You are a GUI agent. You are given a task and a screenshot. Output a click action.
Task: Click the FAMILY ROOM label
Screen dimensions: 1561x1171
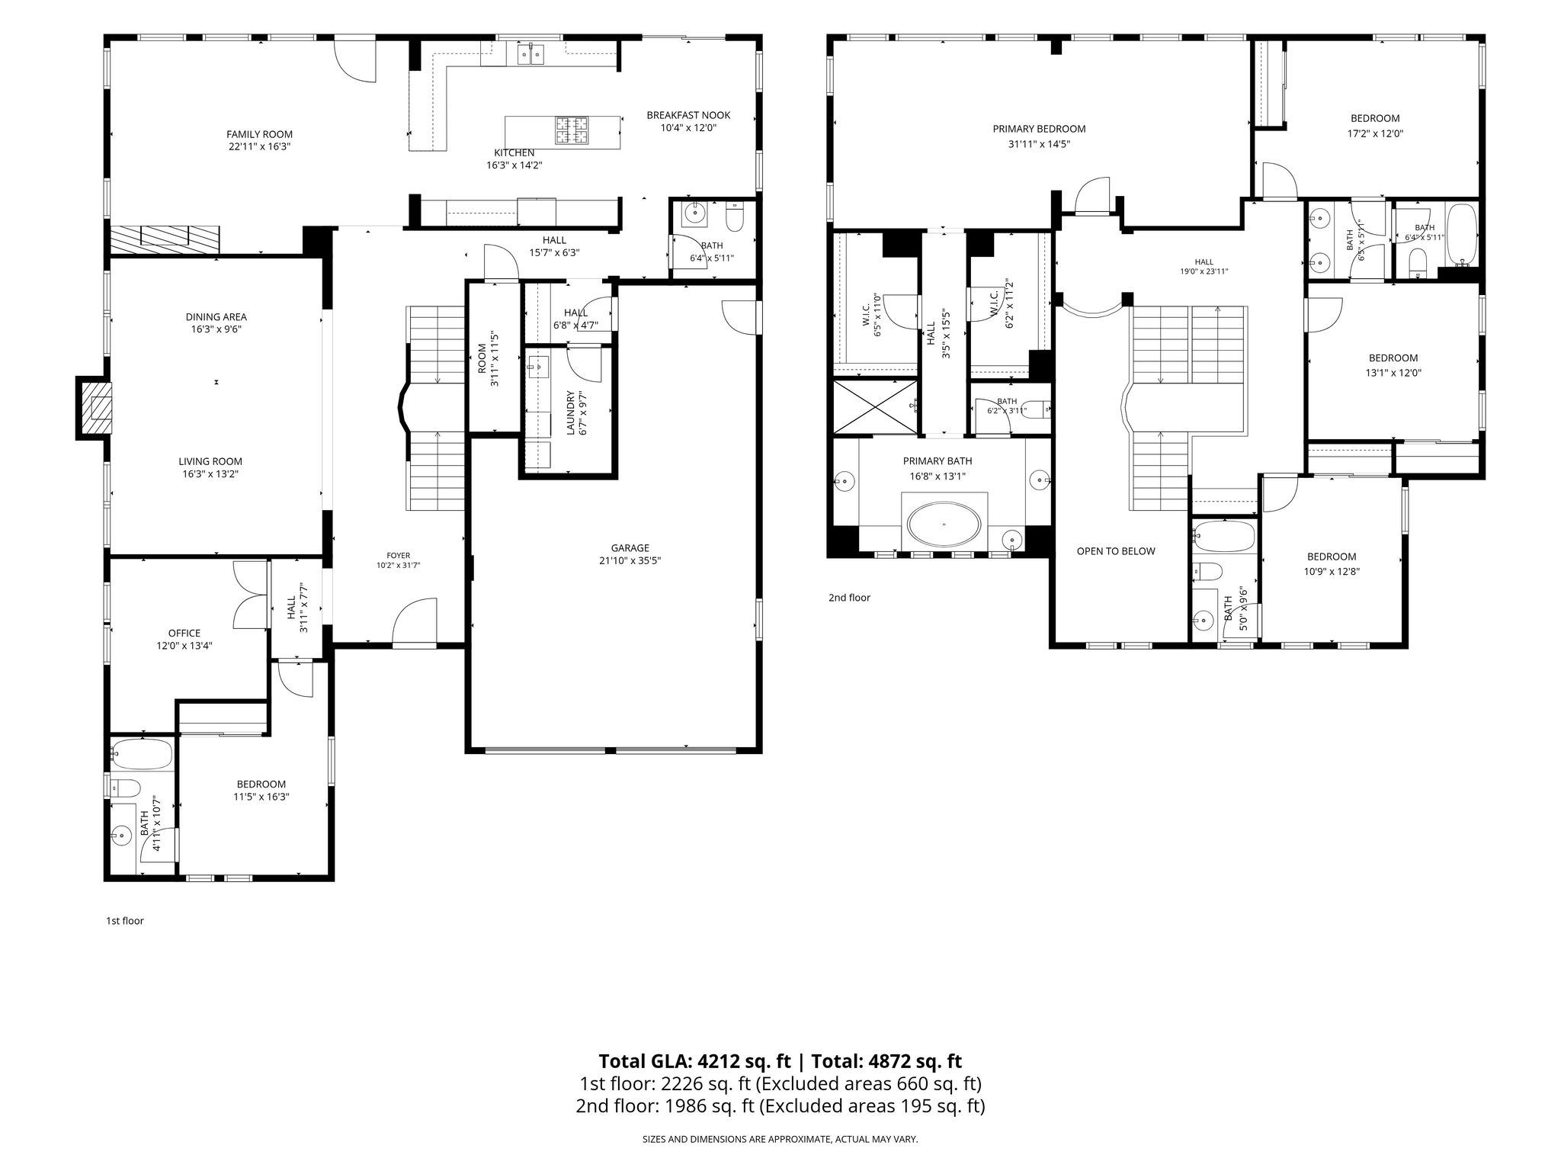(259, 134)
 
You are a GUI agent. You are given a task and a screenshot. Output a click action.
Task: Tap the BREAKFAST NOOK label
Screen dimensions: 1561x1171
(688, 115)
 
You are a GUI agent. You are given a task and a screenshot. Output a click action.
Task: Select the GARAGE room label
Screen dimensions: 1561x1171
(630, 547)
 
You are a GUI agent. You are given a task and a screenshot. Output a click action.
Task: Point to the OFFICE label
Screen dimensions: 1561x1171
(184, 633)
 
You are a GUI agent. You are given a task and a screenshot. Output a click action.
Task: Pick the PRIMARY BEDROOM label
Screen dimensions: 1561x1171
(1039, 129)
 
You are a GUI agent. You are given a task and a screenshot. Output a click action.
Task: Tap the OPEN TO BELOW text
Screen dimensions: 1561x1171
(1116, 551)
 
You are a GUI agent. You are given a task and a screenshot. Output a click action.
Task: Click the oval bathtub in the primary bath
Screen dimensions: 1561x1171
(944, 525)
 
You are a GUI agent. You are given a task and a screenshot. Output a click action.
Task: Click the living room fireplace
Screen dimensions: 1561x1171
(94, 409)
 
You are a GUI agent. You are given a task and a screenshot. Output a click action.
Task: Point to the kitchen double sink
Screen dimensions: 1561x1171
(530, 54)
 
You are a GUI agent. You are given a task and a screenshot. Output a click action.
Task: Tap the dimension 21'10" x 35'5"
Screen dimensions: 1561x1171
(630, 560)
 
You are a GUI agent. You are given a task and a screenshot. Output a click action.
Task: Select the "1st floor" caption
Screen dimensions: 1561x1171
(125, 921)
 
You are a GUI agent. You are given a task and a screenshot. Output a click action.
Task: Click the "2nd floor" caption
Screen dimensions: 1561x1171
(849, 598)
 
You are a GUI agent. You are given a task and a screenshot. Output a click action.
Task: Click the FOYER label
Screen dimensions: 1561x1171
(398, 556)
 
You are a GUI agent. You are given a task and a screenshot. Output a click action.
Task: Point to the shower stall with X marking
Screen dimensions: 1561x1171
(877, 406)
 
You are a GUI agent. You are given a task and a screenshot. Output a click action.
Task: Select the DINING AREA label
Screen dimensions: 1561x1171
(216, 317)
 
